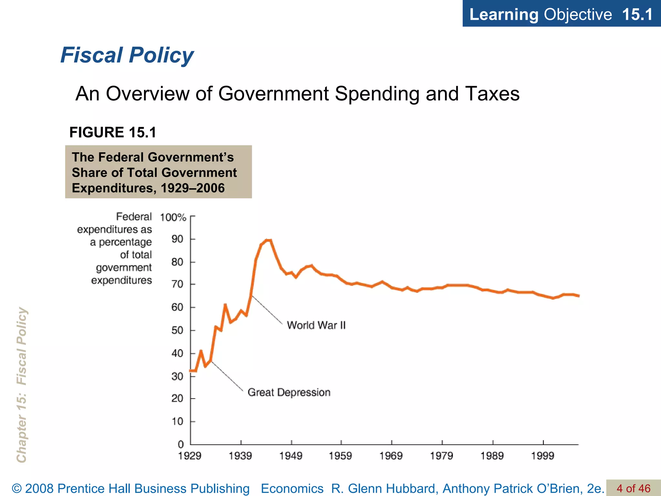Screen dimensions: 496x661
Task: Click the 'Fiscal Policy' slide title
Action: coord(127,55)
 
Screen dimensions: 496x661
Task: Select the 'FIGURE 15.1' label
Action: coord(113,132)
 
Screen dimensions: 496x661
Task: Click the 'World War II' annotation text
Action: coord(316,325)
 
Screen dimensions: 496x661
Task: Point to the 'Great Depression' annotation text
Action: coord(289,392)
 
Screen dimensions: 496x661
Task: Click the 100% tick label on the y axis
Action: coord(173,217)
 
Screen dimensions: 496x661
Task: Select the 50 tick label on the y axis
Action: coord(177,330)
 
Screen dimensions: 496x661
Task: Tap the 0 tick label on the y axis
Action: coord(181,444)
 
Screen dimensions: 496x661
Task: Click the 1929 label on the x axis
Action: coord(190,456)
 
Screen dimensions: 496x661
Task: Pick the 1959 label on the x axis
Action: coord(340,456)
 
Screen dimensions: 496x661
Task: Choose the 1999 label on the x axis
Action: coord(543,456)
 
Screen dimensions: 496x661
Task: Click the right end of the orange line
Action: coord(578,295)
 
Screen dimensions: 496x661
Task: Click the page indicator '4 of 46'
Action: coord(633,488)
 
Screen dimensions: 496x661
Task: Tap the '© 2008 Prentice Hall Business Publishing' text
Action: coord(131,489)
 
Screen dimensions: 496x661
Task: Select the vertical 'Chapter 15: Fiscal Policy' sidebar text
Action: coord(22,384)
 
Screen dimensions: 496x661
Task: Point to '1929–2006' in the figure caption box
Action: coord(192,188)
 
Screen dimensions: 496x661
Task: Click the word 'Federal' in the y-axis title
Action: coord(134,217)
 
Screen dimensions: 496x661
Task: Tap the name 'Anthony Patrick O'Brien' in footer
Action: coord(513,489)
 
